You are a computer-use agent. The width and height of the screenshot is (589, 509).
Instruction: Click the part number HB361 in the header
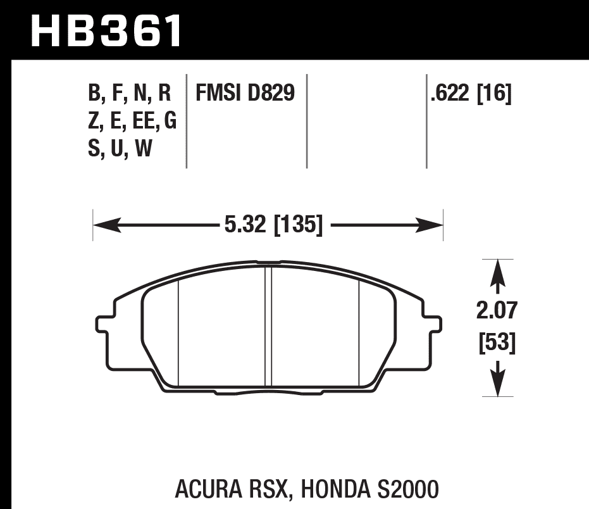click(x=106, y=30)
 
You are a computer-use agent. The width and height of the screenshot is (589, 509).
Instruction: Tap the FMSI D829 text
click(x=245, y=94)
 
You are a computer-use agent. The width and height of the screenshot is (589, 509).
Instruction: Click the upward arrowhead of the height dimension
click(x=498, y=270)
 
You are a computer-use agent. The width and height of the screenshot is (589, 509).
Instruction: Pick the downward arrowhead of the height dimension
click(x=498, y=385)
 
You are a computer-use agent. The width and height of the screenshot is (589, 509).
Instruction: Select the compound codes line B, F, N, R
click(x=130, y=94)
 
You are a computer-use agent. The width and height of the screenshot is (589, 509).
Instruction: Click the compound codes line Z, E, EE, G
click(x=132, y=121)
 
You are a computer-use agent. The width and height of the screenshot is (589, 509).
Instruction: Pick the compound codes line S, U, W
click(x=120, y=149)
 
